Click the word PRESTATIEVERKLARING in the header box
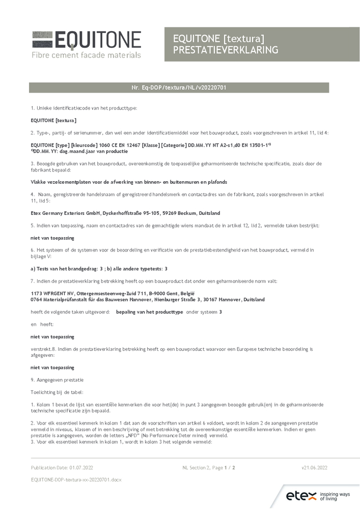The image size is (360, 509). click(x=226, y=50)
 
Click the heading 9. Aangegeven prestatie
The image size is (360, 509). click(x=57, y=380)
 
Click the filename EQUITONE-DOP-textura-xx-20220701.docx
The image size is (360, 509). click(x=76, y=479)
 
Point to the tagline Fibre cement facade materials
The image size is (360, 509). click(x=86, y=55)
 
